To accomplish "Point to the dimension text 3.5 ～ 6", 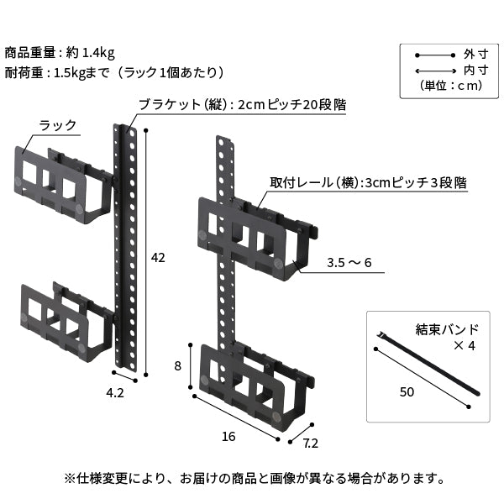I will (x=349, y=264).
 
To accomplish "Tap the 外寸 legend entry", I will (x=470, y=53).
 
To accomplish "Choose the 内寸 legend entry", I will (x=470, y=70).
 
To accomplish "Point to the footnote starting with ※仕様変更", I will (x=253, y=479).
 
